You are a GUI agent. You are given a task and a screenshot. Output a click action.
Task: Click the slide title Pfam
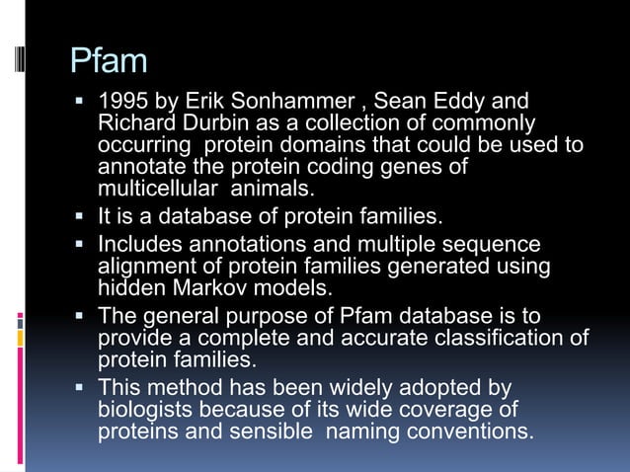(x=109, y=61)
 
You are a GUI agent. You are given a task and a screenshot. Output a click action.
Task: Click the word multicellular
(x=158, y=188)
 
